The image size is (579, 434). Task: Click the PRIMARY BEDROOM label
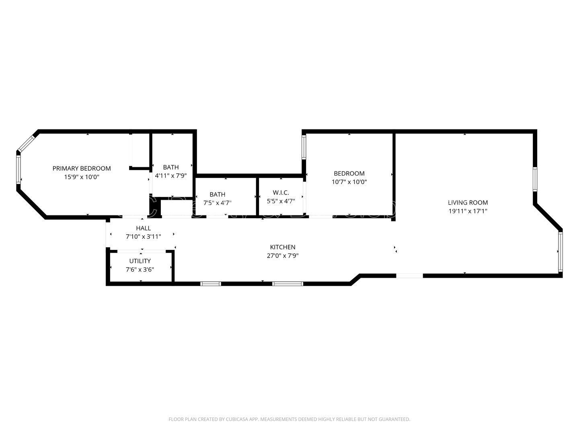[x=82, y=168]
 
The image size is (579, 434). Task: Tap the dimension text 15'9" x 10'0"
[x=82, y=177]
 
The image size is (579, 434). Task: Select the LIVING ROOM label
[x=468, y=203]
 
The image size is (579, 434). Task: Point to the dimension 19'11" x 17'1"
[x=468, y=211]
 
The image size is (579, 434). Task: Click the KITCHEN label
[x=283, y=247]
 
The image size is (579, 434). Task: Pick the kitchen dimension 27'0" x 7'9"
[x=283, y=256]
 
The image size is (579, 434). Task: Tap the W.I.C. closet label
[x=281, y=192]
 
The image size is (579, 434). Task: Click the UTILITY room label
[x=140, y=261]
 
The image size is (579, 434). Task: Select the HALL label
[x=143, y=228]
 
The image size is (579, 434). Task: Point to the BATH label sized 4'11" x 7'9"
[x=171, y=167]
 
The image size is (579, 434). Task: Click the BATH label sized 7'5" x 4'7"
[x=217, y=194]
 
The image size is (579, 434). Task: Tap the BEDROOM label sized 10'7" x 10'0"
[x=349, y=173]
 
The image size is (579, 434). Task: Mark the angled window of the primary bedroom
[x=27, y=143]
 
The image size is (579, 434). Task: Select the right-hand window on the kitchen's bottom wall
[x=287, y=284]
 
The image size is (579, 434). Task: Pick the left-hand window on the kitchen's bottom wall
[x=211, y=284]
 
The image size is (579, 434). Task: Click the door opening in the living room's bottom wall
[x=409, y=276]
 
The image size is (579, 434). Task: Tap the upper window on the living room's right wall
[x=535, y=179]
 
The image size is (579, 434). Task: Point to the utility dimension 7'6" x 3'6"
[x=140, y=270]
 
